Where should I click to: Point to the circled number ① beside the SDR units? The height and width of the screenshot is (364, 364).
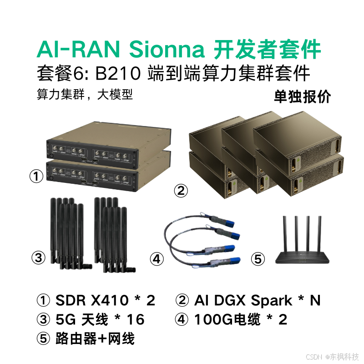click(x=36, y=176)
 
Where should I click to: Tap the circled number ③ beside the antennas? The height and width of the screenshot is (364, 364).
click(x=39, y=258)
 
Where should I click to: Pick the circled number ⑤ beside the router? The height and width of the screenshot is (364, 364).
click(x=258, y=259)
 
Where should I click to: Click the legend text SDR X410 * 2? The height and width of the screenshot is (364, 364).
click(x=105, y=300)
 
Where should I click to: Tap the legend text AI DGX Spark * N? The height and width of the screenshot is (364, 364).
click(x=257, y=300)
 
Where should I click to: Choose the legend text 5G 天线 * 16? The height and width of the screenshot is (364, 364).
click(x=100, y=320)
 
